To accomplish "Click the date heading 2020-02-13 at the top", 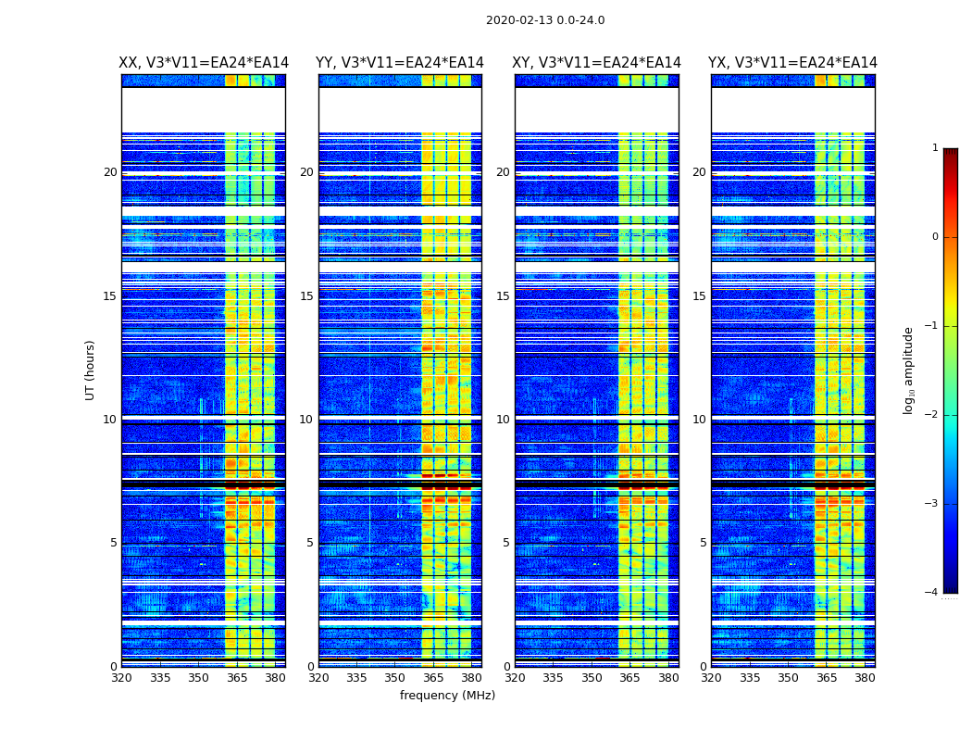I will click(545, 20).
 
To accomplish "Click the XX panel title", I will click(204, 63).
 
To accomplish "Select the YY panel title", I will click(400, 63).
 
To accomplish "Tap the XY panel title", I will click(597, 63).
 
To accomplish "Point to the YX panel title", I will click(792, 63).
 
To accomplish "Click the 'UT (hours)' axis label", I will click(91, 370).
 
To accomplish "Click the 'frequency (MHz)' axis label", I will click(447, 696).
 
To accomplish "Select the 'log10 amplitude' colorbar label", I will click(909, 370).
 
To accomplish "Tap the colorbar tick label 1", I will click(935, 148).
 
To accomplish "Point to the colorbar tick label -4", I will click(933, 593).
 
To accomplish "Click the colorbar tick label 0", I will click(935, 237).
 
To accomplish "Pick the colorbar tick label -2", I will click(933, 415).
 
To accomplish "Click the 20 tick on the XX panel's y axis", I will click(110, 172).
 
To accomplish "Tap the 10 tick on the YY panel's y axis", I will click(306, 420).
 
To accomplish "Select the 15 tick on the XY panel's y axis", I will click(503, 296).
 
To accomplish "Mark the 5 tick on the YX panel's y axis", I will click(703, 543).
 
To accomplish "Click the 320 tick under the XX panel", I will click(121, 678).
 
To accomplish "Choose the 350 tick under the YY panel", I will click(395, 678).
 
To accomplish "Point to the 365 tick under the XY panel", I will click(629, 678).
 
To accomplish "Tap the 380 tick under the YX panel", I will click(865, 678).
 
